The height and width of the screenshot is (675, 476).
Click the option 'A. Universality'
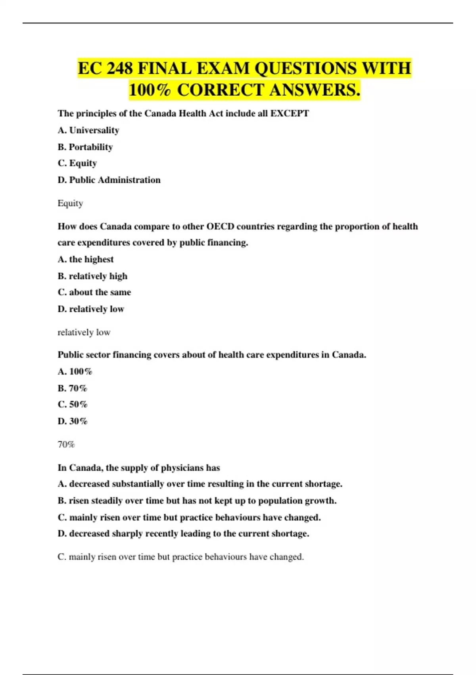coord(88,130)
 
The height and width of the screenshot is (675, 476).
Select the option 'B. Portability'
coord(85,147)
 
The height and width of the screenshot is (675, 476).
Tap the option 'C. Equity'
coord(77,163)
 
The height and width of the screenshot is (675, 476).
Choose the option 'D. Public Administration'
coord(109,180)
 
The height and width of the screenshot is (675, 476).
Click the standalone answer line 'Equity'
coord(70,203)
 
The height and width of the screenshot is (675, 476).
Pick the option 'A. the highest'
coord(86,259)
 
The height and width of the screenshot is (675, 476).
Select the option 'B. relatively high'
coord(92,276)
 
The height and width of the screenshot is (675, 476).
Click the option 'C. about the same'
coord(94,292)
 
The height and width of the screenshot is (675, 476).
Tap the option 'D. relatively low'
coord(91,309)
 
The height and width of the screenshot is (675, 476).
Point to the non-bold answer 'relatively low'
coord(84,332)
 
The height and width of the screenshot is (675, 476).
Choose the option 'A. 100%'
coord(75,372)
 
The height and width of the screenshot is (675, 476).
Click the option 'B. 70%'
coord(73,388)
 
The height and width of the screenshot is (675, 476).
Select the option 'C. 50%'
coord(73,405)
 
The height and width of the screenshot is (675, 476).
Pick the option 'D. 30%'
coord(73,421)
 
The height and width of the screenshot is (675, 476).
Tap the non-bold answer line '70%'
coord(66,445)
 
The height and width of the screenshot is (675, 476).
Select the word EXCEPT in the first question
coord(290,114)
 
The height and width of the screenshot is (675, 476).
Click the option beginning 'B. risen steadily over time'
coord(197,501)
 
